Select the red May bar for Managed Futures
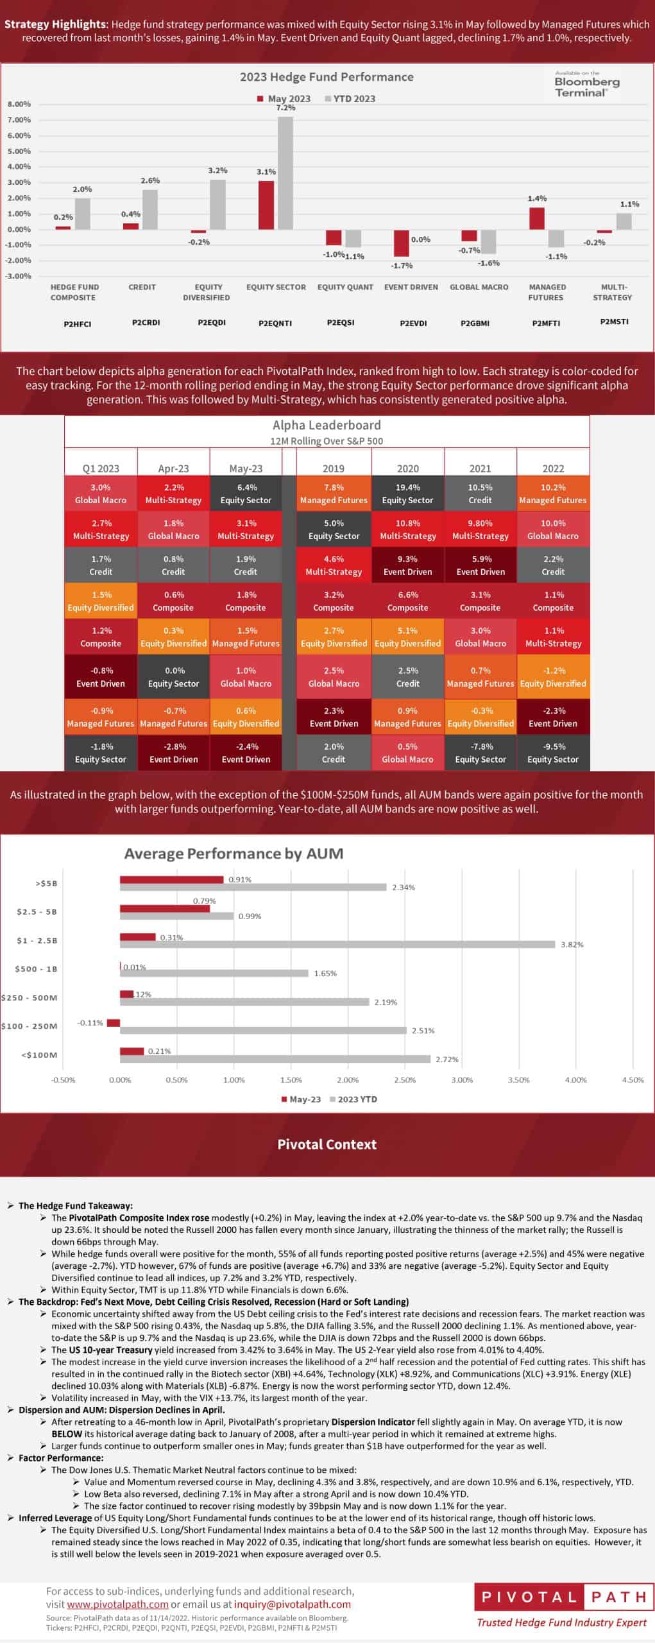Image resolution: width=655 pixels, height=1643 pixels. [537, 218]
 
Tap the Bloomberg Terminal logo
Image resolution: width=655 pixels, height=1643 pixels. [586, 83]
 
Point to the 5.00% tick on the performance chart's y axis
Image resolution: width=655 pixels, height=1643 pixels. [19, 151]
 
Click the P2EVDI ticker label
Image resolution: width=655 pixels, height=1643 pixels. [413, 323]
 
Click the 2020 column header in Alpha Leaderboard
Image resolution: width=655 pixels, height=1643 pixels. [407, 469]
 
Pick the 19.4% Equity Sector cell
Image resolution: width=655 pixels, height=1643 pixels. [407, 494]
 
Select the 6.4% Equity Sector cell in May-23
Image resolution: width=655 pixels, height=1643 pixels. [246, 494]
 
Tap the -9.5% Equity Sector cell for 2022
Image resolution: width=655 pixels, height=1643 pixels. [553, 753]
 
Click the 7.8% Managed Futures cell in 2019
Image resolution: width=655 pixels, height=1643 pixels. [334, 494]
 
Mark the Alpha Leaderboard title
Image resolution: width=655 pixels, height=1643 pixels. [327, 425]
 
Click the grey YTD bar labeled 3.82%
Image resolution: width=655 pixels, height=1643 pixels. [337, 944]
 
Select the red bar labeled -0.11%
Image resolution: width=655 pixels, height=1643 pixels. [114, 1023]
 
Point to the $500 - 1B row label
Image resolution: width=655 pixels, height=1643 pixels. [37, 969]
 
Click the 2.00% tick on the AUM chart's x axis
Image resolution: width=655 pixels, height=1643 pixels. [348, 1080]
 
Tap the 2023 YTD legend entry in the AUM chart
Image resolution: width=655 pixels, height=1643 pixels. [353, 1099]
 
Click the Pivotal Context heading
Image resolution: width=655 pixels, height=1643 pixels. [327, 1144]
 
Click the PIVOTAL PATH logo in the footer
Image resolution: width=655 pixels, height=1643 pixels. [563, 1598]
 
